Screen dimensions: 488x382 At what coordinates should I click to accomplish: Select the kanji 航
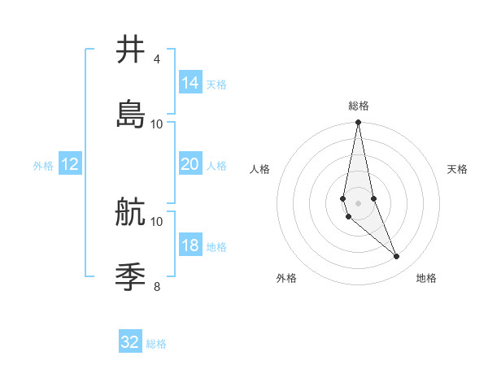[x=131, y=212]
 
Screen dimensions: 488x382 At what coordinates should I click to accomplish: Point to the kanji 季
[x=131, y=277]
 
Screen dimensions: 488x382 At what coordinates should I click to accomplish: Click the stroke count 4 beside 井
[x=156, y=59]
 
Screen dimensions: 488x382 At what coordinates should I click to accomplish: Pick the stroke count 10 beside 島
[x=157, y=124]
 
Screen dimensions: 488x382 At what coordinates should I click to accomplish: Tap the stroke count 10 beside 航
[x=157, y=221]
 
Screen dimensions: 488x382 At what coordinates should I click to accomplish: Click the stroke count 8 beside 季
[x=156, y=286]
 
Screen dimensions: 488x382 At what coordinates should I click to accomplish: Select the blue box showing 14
[x=190, y=83]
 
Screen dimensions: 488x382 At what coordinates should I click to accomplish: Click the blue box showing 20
[x=190, y=164]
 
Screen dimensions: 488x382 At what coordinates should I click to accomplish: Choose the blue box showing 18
[x=190, y=245]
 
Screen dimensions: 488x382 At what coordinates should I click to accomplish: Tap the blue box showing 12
[x=70, y=164]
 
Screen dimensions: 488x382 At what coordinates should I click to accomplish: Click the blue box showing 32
[x=130, y=342]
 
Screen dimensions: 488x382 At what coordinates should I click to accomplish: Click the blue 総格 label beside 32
[x=156, y=344]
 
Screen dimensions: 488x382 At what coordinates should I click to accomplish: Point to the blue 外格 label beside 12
[x=43, y=166]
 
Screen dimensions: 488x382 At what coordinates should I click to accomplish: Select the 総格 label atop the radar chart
[x=359, y=106]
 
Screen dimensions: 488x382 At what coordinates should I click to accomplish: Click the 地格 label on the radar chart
[x=426, y=278]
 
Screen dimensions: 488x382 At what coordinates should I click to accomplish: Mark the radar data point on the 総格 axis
[x=359, y=123]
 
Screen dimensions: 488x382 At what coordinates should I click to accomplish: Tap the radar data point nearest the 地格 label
[x=397, y=257]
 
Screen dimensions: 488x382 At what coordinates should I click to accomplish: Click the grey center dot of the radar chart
[x=359, y=202]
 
